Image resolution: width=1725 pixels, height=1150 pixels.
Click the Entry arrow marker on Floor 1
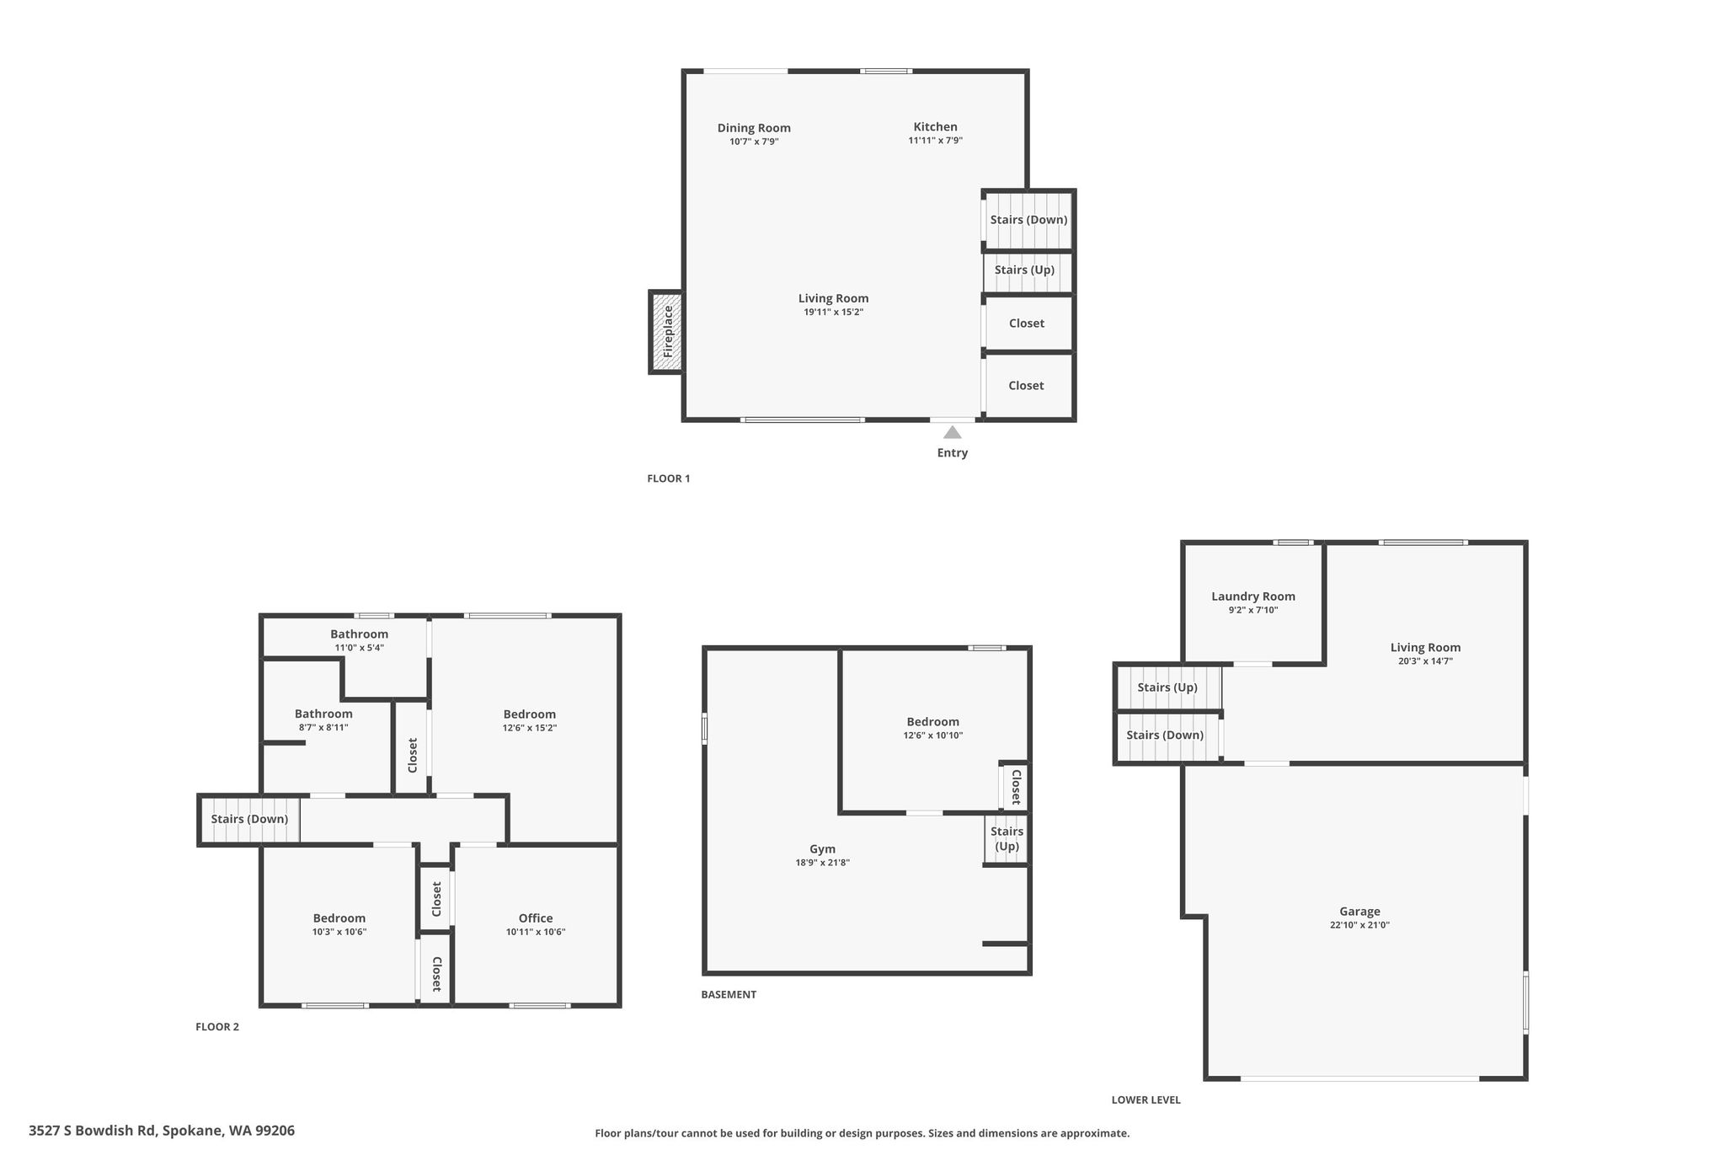click(952, 432)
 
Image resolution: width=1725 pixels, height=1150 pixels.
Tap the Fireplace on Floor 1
click(666, 332)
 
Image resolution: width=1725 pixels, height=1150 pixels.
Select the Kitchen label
click(935, 127)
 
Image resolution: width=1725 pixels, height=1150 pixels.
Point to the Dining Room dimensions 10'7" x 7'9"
click(754, 142)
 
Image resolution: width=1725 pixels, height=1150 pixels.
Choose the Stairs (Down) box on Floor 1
click(1028, 220)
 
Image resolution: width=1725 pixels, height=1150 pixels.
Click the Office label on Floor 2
click(536, 918)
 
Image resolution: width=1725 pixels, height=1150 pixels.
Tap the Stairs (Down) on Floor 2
click(249, 820)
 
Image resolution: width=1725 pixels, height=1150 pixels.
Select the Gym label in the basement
click(823, 849)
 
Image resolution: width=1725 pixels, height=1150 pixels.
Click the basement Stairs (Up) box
click(1007, 839)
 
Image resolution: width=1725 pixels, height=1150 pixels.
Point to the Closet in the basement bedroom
click(1015, 787)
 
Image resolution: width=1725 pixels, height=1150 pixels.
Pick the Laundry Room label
click(1253, 596)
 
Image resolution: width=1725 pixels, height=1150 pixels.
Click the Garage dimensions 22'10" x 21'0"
click(1359, 925)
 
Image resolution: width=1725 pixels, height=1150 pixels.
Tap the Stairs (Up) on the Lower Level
click(1168, 687)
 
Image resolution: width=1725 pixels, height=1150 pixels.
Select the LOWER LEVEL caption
click(1146, 1099)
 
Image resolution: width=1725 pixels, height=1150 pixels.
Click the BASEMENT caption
click(729, 994)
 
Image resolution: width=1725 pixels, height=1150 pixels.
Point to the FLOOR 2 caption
click(217, 1027)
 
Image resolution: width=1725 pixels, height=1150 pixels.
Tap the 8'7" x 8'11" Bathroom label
click(323, 727)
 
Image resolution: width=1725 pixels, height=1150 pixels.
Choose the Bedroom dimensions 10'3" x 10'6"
click(339, 932)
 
